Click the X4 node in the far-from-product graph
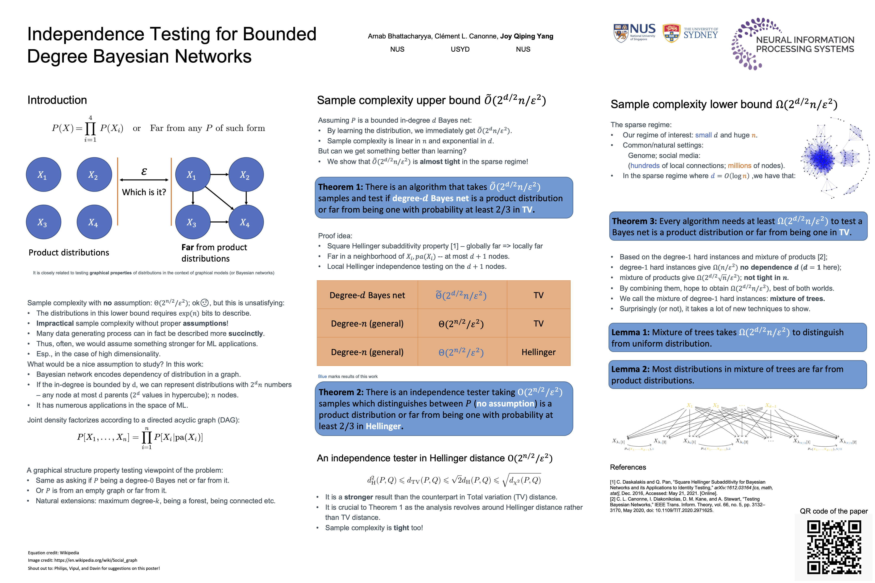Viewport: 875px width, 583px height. point(246,222)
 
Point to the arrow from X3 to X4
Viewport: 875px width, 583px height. point(220,222)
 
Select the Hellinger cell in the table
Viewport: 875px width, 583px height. point(538,352)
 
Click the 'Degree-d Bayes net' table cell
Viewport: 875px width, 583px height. point(367,295)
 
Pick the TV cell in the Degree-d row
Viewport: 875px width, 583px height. point(538,295)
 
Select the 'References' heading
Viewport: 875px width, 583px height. point(628,467)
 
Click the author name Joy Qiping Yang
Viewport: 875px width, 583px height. point(526,36)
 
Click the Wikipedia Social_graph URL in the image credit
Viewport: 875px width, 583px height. point(96,560)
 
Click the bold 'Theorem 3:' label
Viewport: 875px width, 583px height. point(634,221)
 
